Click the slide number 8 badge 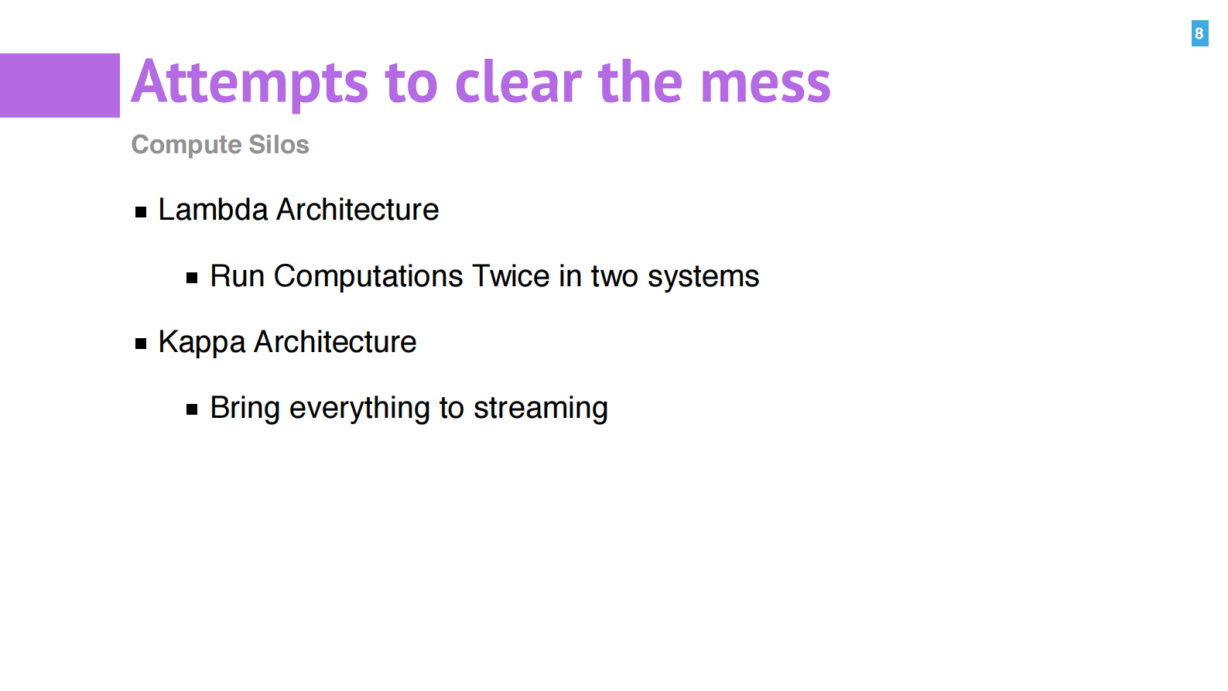(x=1199, y=33)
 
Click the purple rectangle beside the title (x=60, y=85)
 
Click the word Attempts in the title (x=249, y=83)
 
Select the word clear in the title (x=518, y=81)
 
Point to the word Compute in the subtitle (x=186, y=145)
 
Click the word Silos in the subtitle (x=279, y=144)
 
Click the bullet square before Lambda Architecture (x=141, y=212)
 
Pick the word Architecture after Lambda (x=357, y=210)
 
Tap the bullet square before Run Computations (x=192, y=278)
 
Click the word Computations (x=368, y=275)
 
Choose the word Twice (x=511, y=275)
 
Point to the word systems (x=703, y=276)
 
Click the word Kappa (x=202, y=343)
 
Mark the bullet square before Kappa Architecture (x=141, y=344)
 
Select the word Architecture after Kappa (x=335, y=342)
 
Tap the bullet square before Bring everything (x=192, y=409)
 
